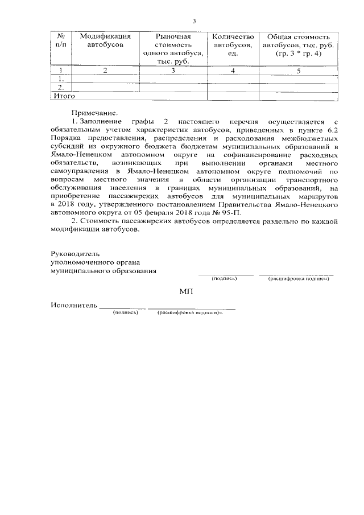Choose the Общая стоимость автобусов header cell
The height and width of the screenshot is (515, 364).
(299, 44)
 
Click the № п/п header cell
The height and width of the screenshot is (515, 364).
(60, 40)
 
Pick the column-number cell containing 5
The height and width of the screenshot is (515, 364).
(299, 71)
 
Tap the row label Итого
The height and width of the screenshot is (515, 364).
(64, 97)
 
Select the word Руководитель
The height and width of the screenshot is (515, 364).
(75, 253)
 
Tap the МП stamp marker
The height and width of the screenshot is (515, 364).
(186, 291)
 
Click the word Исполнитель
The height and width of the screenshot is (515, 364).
(73, 306)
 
